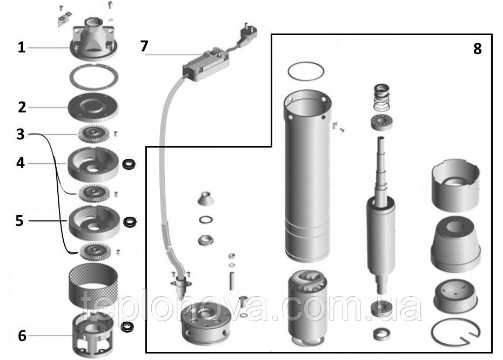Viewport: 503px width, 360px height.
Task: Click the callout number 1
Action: point(21,48)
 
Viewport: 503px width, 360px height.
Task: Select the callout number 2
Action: point(22,107)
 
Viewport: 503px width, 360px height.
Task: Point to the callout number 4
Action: point(21,163)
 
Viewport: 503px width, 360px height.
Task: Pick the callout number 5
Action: point(19,221)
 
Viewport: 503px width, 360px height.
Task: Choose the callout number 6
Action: point(22,336)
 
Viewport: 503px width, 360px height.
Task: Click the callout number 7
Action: point(144,46)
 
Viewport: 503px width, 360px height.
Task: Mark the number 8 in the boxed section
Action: point(478,49)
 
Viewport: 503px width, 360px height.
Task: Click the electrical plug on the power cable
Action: point(247,32)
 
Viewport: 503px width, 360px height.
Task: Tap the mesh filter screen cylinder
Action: point(93,284)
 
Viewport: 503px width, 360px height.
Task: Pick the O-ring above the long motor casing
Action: point(306,71)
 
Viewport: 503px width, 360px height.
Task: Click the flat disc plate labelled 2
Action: point(93,108)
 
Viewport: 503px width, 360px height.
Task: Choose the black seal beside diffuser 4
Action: point(129,164)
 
